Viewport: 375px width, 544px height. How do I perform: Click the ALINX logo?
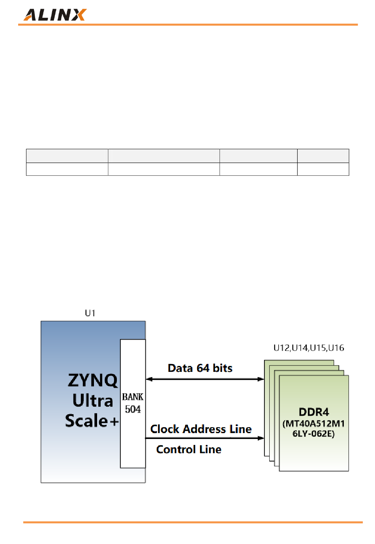tap(55, 15)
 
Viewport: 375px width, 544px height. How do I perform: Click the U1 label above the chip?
tap(90, 313)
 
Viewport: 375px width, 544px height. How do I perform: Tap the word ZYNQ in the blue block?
tap(93, 380)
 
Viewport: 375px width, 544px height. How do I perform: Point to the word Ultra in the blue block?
tap(93, 401)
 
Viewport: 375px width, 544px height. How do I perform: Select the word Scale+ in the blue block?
tap(92, 421)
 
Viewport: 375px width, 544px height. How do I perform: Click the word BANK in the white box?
tap(133, 397)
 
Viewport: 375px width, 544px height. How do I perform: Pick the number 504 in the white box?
tap(133, 409)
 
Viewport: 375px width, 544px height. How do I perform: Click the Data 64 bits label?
tap(200, 368)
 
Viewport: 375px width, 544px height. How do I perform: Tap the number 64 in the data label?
tap(203, 368)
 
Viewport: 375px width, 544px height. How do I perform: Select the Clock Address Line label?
tap(201, 429)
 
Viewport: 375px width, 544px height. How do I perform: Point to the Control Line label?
tap(189, 449)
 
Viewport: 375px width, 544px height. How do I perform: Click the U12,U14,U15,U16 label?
tap(309, 348)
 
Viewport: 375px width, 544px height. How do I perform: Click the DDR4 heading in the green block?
tap(314, 412)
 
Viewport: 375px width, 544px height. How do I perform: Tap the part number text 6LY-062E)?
tap(314, 434)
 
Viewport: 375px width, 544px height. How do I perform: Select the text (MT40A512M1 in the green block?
tap(314, 424)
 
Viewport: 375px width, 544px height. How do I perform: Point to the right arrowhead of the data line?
tap(261, 379)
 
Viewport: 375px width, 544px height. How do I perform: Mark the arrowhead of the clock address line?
tap(261, 438)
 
